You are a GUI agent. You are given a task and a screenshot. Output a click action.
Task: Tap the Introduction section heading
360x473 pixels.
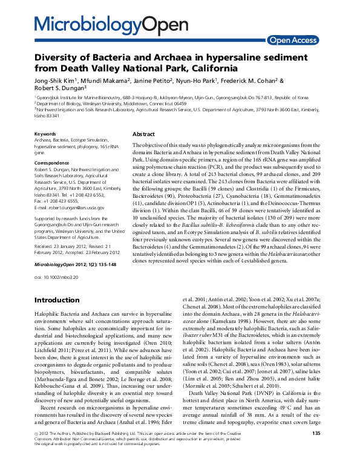tap(56, 300)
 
